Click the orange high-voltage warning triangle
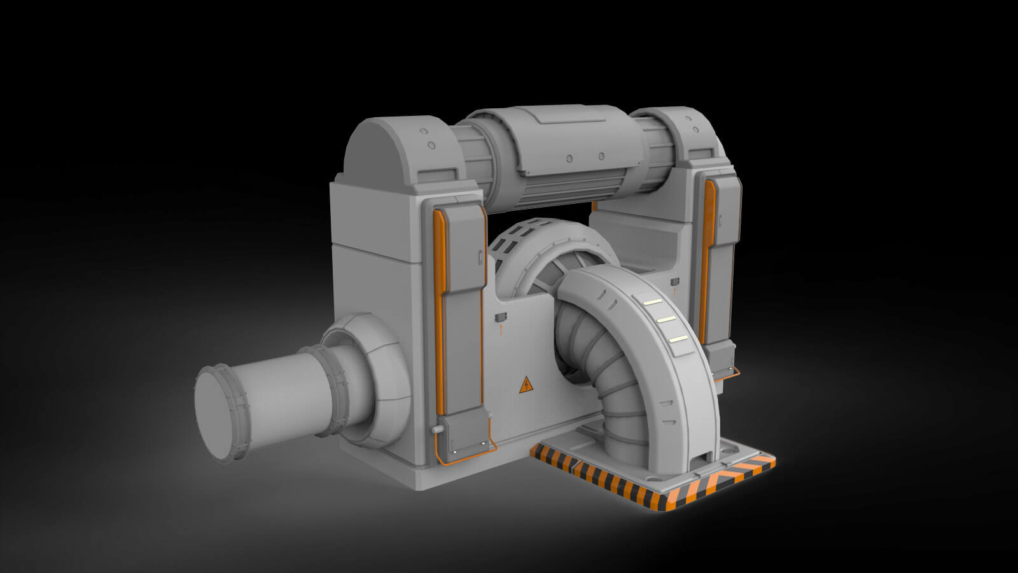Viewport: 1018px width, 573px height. pos(526,385)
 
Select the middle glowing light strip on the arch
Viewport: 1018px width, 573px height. pos(666,319)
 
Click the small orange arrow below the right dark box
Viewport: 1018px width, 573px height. pos(674,291)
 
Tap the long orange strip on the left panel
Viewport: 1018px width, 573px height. pos(438,312)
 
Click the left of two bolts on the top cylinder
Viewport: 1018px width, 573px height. pos(569,158)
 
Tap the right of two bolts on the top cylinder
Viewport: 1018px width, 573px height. pos(601,157)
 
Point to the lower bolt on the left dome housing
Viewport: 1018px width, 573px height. pos(432,146)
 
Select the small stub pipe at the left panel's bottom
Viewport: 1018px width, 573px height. pos(436,430)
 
